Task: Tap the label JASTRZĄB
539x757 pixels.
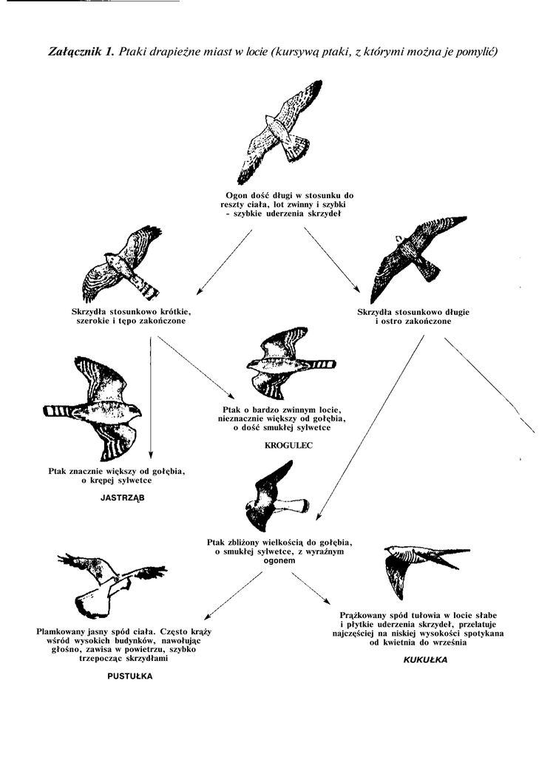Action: (x=123, y=498)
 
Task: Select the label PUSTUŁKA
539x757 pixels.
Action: (x=130, y=675)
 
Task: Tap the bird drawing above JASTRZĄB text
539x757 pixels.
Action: (x=94, y=406)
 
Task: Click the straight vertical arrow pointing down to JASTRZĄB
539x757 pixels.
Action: (x=151, y=399)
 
